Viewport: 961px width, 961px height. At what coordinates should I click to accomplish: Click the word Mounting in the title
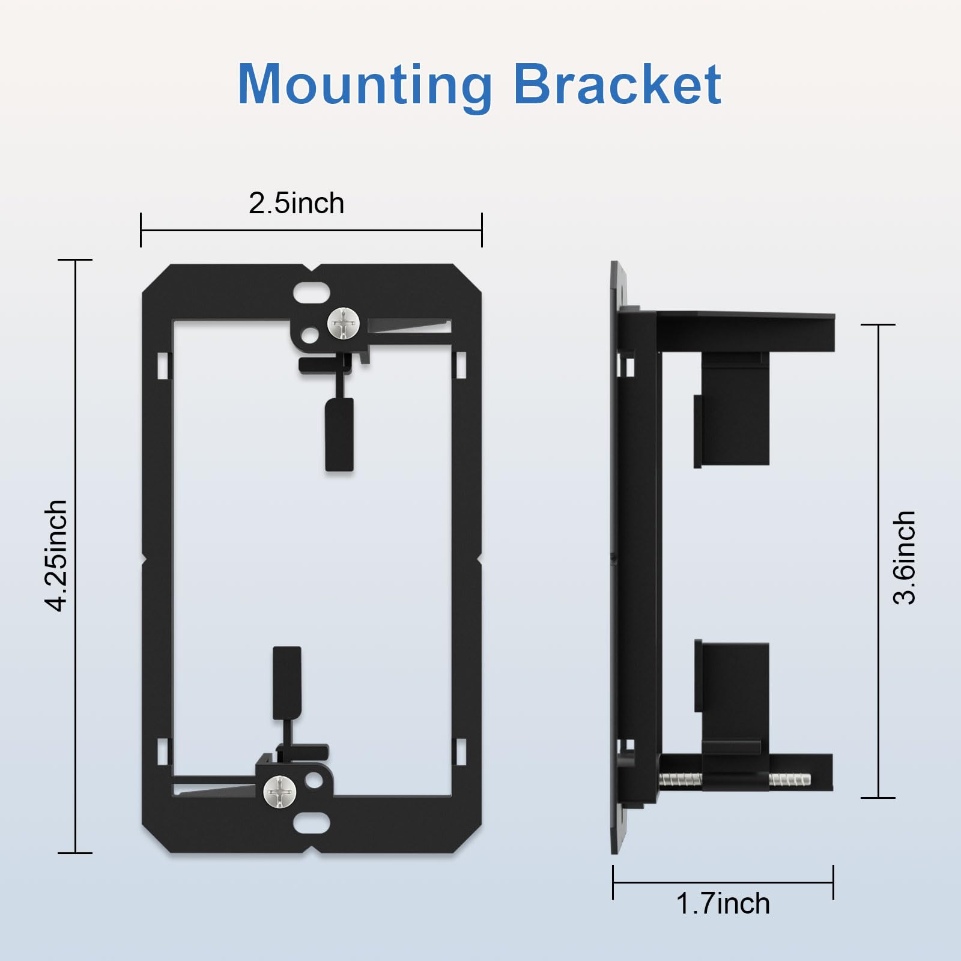click(x=365, y=85)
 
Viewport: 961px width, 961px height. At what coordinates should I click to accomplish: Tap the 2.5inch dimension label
click(x=296, y=204)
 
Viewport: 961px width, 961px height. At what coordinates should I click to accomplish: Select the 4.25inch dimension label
click(x=56, y=556)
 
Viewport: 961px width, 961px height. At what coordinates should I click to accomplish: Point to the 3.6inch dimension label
click(x=905, y=557)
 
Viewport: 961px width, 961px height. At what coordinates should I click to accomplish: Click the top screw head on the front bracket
click(x=344, y=324)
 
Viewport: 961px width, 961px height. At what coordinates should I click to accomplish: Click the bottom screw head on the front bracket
click(x=280, y=792)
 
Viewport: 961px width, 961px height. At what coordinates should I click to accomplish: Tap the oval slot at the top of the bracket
click(x=311, y=294)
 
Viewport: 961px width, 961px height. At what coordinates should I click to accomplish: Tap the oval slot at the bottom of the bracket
click(x=311, y=823)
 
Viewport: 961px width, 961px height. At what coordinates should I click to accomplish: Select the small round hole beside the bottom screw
click(x=314, y=780)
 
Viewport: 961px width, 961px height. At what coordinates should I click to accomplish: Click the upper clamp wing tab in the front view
click(x=339, y=434)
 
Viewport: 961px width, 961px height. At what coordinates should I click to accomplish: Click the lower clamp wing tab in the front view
click(x=287, y=683)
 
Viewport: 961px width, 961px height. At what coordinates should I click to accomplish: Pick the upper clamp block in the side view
click(x=733, y=414)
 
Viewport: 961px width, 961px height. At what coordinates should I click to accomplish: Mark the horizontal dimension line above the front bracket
click(x=311, y=230)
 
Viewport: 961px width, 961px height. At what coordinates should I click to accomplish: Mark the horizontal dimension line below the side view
click(x=723, y=882)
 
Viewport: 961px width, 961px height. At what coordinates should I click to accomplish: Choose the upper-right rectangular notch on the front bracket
click(x=461, y=365)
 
